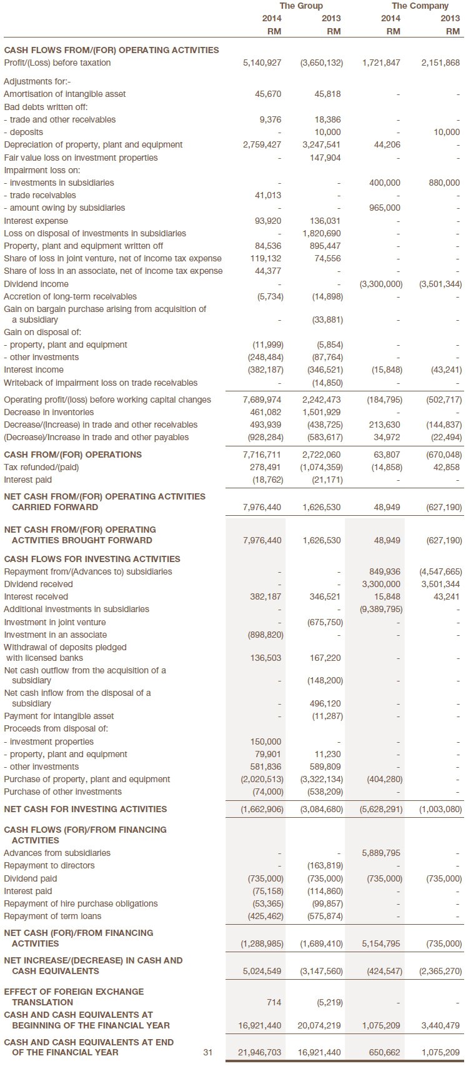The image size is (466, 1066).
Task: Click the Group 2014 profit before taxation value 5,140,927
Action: pyautogui.click(x=262, y=63)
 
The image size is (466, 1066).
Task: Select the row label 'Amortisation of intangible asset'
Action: pyautogui.click(x=64, y=94)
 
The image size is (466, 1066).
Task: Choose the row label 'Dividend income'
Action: pyautogui.click(x=36, y=284)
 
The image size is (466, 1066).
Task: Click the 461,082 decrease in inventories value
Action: pyautogui.click(x=265, y=412)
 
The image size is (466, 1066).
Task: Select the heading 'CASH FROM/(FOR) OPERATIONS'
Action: pyautogui.click(x=72, y=455)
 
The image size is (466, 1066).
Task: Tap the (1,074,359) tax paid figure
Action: pyautogui.click(x=321, y=467)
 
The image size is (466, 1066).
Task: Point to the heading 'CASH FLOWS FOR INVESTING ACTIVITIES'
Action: pyautogui.click(x=92, y=559)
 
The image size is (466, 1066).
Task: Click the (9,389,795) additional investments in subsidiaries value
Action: pyautogui.click(x=381, y=609)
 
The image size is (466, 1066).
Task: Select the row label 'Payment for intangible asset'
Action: pyautogui.click(x=59, y=716)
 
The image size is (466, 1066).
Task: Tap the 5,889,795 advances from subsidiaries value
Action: pyautogui.click(x=381, y=853)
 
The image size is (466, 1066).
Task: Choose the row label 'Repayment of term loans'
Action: pyautogui.click(x=52, y=916)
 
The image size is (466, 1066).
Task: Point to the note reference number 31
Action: pyautogui.click(x=207, y=1052)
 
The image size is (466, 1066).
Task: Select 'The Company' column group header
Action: pyautogui.click(x=420, y=6)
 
